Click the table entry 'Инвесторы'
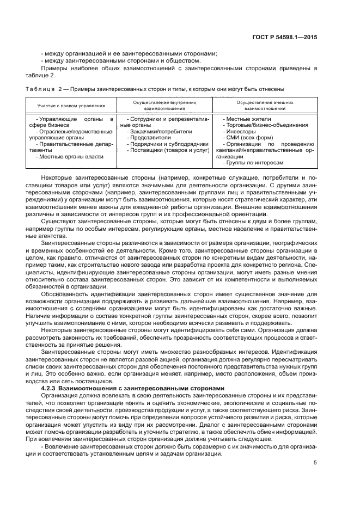coord(240,132)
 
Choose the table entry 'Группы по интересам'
coord(254,163)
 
